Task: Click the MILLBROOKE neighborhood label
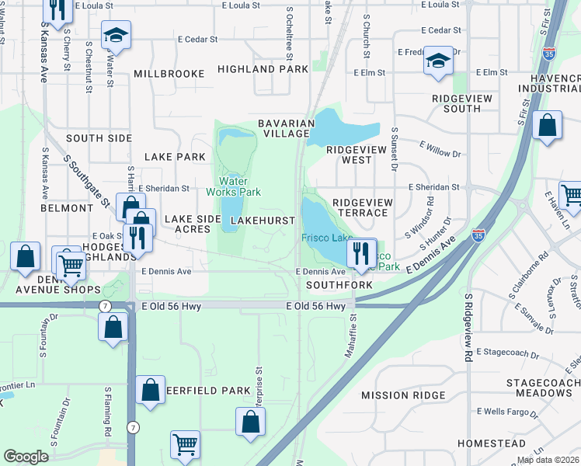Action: tap(169, 74)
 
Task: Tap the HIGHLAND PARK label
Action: tap(257, 69)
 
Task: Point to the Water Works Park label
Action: tap(233, 186)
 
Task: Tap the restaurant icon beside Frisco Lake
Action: tap(361, 253)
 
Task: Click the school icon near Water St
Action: tap(116, 36)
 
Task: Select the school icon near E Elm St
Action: tap(438, 61)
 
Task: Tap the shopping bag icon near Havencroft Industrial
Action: tap(547, 126)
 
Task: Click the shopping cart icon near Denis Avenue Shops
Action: tap(71, 266)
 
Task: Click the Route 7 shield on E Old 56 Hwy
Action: tap(104, 307)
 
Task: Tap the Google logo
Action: tap(26, 457)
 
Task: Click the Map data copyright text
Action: tap(547, 460)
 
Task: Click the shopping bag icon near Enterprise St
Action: tap(250, 423)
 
